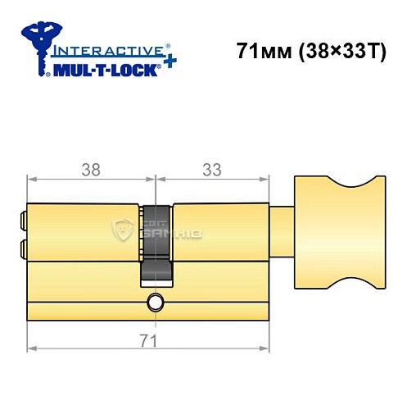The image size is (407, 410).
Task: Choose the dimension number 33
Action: pyautogui.click(x=212, y=169)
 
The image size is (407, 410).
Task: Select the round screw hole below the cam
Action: pyautogui.click(x=155, y=305)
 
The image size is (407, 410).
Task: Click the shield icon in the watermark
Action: pyautogui.click(x=124, y=231)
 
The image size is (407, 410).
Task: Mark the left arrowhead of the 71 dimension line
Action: pyautogui.click(x=31, y=348)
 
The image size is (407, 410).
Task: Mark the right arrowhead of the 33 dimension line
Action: pyautogui.click(x=265, y=178)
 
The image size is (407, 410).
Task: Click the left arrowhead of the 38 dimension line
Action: pyautogui.click(x=31, y=178)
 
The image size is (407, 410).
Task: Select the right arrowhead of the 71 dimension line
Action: pyautogui.click(x=265, y=348)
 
